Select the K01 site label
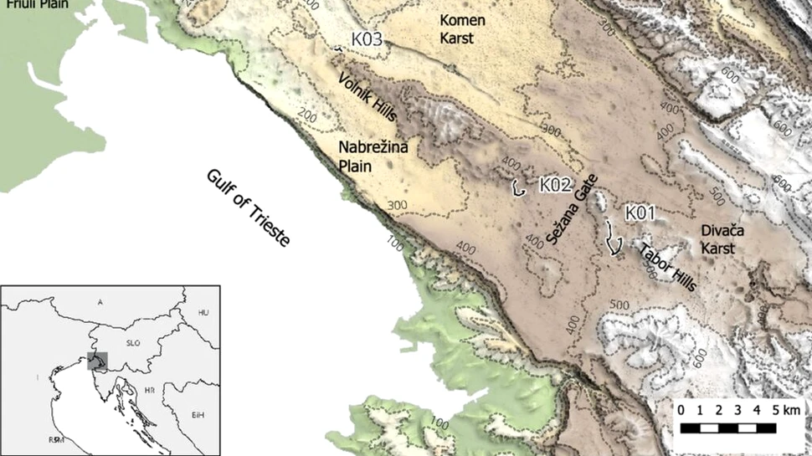640,214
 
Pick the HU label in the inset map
202,312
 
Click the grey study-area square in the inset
98,361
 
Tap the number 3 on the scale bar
737,410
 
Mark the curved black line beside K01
614,238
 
